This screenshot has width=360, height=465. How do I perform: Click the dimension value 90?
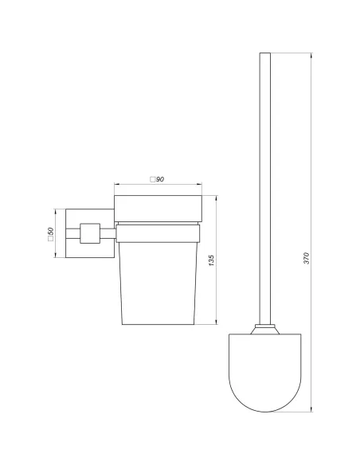click(x=160, y=180)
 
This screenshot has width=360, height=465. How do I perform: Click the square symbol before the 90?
click(x=153, y=180)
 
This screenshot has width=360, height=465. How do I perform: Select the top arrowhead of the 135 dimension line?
click(x=216, y=197)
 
